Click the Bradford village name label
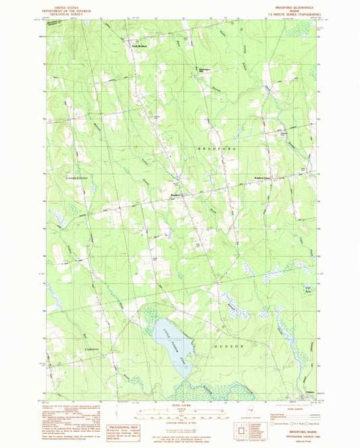point(176,195)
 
